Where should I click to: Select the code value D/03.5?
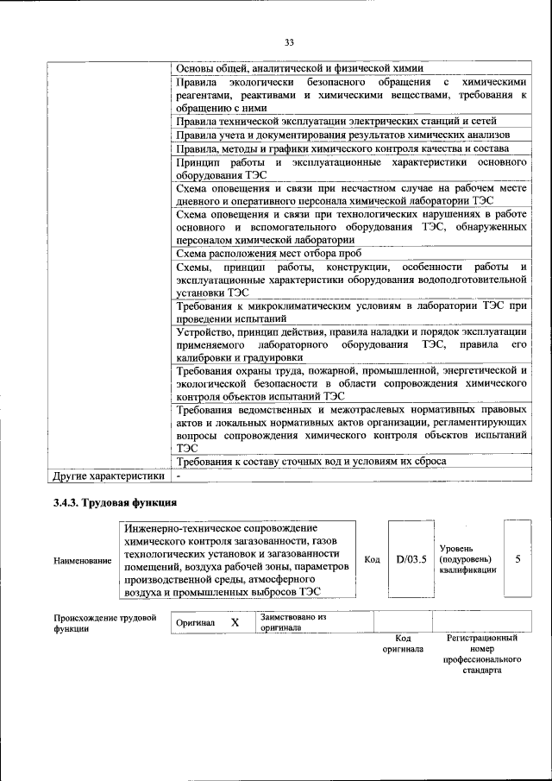[411, 559]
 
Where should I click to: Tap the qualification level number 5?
[517, 559]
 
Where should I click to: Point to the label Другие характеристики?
[109, 476]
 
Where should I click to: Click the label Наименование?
[83, 561]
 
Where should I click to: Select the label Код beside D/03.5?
[372, 560]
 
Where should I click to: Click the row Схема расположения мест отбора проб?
[268, 254]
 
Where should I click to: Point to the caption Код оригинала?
[403, 644]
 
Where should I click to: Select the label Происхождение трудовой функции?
[104, 623]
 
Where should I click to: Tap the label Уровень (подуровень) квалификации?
[467, 559]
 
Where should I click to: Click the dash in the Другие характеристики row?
[179, 476]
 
